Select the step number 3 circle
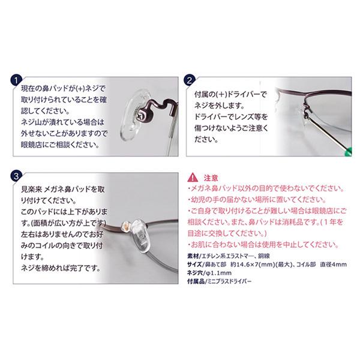pyautogui.click(x=16, y=176)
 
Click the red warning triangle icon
pyautogui.click(x=193, y=178)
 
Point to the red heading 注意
pyautogui.click(x=211, y=178)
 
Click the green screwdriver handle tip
pyautogui.click(x=348, y=152)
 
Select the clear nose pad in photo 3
pyautogui.click(x=141, y=236)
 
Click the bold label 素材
pyautogui.click(x=193, y=256)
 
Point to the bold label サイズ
pyautogui.click(x=194, y=264)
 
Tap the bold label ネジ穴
pyautogui.click(x=194, y=273)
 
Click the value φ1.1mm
pyautogui.click(x=219, y=273)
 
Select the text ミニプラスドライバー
pyautogui.click(x=230, y=281)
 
